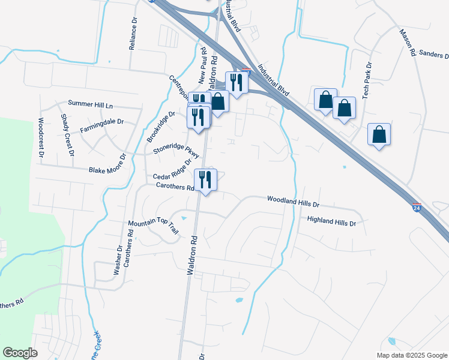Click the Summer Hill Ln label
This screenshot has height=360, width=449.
tap(90, 104)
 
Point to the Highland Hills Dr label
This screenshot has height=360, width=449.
tap(331, 221)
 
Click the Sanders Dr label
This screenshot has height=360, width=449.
tap(434, 55)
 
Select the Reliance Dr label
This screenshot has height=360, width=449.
tap(133, 37)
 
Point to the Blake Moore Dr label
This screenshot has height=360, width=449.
tap(108, 163)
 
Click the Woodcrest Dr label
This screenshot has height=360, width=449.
tap(41, 137)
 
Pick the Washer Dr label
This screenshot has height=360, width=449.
tap(118, 259)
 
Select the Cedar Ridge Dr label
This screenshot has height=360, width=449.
tap(172, 170)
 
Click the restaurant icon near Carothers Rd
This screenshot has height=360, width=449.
tap(205, 179)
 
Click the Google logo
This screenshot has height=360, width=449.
tap(20, 353)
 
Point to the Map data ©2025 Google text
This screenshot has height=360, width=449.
tap(411, 355)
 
